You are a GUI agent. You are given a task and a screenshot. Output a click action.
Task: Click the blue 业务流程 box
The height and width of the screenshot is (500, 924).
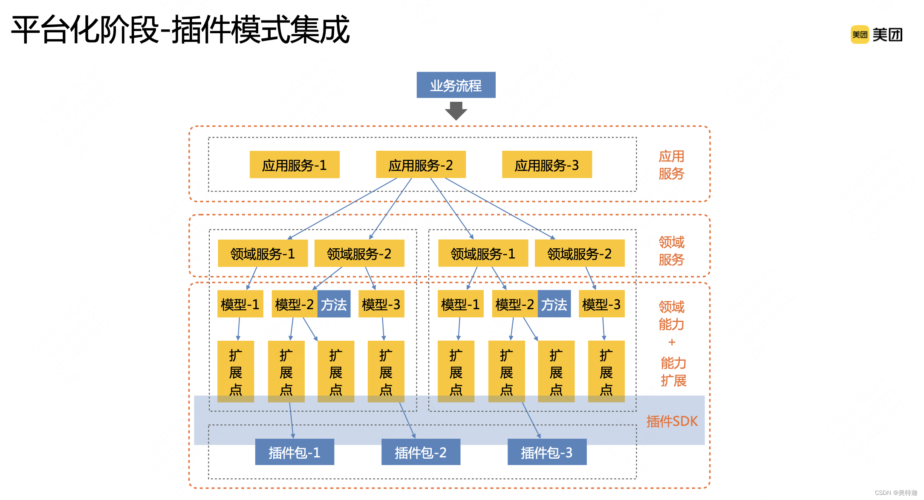(456, 85)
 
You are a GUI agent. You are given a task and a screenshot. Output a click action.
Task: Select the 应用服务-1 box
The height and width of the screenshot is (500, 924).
(295, 165)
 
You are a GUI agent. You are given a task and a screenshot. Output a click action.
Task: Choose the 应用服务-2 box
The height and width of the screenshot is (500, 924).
(421, 165)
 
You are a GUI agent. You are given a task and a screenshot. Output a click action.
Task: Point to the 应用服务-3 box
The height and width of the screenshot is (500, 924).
(547, 165)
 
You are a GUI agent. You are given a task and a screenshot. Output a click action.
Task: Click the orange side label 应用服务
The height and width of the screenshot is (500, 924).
(671, 165)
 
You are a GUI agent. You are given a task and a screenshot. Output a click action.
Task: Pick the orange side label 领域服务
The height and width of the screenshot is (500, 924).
(671, 251)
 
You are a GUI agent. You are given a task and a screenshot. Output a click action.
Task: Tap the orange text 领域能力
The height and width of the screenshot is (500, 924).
(671, 316)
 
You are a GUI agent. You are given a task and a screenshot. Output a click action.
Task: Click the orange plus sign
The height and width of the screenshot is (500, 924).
(672, 342)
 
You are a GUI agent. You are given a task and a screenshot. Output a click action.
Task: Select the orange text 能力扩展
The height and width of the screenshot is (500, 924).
(673, 372)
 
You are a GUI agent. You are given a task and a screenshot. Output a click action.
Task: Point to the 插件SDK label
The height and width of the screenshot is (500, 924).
(672, 421)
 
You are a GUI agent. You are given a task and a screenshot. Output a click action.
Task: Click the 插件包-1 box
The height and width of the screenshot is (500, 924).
(295, 452)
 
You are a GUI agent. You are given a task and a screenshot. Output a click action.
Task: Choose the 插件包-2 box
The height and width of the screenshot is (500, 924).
(421, 452)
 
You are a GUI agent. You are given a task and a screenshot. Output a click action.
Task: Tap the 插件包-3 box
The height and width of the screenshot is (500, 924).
(547, 452)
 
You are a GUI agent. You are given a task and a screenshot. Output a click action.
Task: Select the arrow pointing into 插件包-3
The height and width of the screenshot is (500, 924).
(532, 421)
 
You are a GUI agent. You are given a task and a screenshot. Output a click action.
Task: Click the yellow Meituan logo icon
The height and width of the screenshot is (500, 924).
(860, 34)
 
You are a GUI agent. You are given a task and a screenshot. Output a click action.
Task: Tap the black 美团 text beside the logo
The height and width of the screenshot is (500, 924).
(887, 34)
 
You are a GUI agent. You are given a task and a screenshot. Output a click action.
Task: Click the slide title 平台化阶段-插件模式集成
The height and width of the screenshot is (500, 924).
(180, 30)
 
